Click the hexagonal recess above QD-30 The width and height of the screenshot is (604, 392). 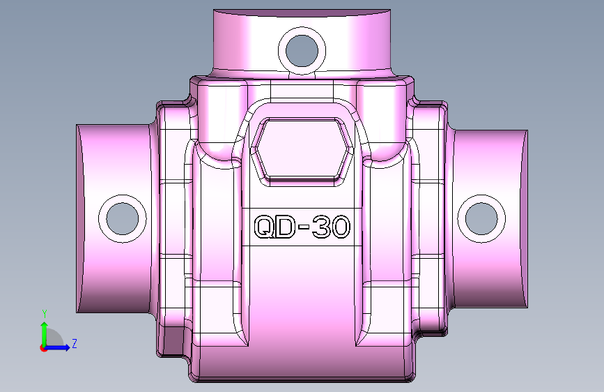[301, 149]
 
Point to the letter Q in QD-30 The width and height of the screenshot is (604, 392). [264, 227]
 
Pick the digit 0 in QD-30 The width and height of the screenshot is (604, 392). [341, 227]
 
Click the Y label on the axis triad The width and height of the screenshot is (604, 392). [44, 314]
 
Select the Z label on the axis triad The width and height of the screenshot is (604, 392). [74, 343]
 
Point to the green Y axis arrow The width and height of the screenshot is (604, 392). [44, 331]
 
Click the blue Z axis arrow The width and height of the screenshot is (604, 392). [59, 347]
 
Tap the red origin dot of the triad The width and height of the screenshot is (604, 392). [44, 348]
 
